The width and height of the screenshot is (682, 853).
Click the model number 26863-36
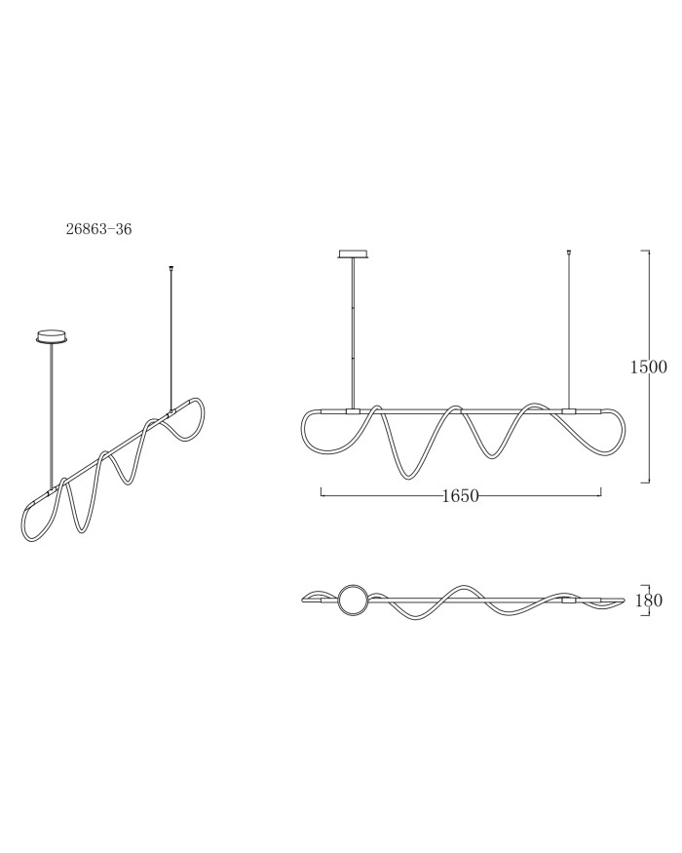pyautogui.click(x=98, y=229)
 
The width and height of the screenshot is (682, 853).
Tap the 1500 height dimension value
pyautogui.click(x=648, y=367)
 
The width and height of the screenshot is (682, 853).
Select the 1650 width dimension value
pyautogui.click(x=461, y=495)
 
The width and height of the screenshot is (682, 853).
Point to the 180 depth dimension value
pyautogui.click(x=649, y=601)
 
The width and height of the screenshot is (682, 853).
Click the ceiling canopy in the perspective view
pyautogui.click(x=54, y=336)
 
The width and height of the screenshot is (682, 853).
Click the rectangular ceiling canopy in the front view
pyautogui.click(x=354, y=254)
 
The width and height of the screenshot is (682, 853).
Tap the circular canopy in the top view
pyautogui.click(x=353, y=600)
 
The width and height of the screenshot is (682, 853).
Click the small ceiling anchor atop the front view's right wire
pyautogui.click(x=569, y=252)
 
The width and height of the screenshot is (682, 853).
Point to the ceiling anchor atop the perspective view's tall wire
pyautogui.click(x=171, y=268)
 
